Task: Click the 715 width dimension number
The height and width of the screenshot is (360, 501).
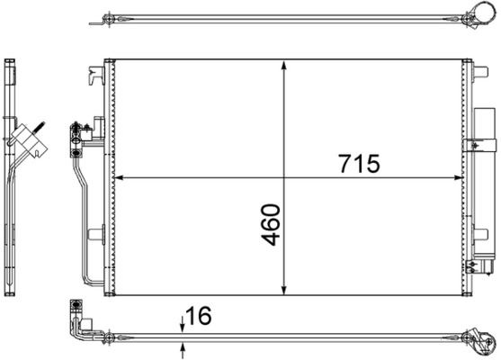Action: [x=360, y=164]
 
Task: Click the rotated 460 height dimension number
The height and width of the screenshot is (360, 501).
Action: [x=270, y=225]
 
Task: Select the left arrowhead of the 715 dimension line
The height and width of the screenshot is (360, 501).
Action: [x=121, y=176]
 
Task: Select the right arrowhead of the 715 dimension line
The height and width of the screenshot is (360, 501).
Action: [x=460, y=176]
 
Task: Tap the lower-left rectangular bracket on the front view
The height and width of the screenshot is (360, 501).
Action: [x=94, y=236]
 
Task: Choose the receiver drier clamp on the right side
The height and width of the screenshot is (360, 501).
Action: [x=478, y=144]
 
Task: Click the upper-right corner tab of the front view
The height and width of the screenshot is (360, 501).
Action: [x=467, y=62]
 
